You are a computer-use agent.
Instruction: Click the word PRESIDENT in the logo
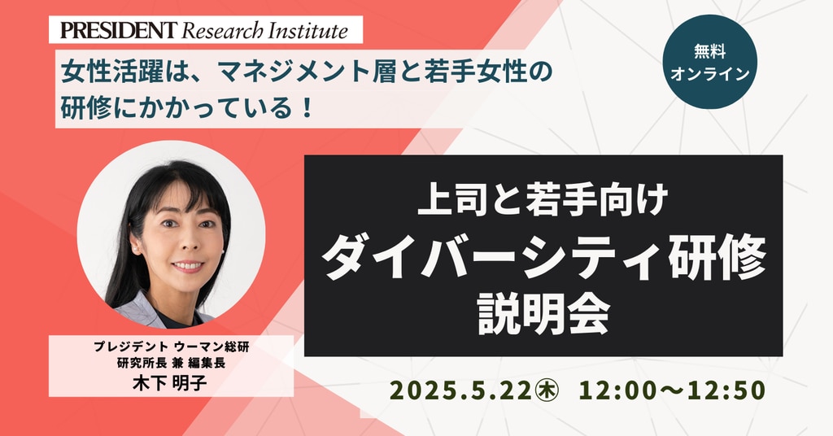[x=117, y=30]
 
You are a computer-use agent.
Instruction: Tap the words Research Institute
[x=264, y=30]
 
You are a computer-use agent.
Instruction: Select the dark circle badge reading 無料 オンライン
[x=709, y=62]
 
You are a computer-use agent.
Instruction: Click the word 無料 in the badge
[x=709, y=51]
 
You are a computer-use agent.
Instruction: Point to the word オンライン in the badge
[x=709, y=73]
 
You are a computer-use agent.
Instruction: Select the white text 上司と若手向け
[x=543, y=202]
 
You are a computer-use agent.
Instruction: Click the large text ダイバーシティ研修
[x=543, y=258]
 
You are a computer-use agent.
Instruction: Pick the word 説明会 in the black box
[x=543, y=315]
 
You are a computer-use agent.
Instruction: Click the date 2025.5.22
[x=460, y=390]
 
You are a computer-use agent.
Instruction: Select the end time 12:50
[x=726, y=390]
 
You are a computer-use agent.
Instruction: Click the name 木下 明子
[x=170, y=382]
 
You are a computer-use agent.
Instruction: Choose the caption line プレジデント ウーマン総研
[x=171, y=347]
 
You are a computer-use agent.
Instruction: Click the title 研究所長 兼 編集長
[x=171, y=364]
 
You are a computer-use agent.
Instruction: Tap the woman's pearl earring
[x=136, y=248]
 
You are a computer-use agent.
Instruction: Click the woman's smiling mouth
[x=187, y=265]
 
